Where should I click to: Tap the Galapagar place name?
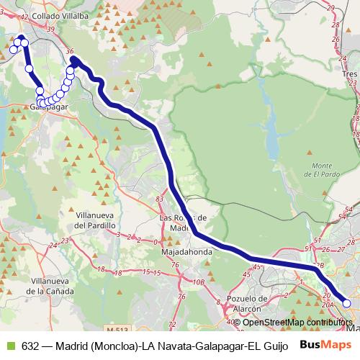49,107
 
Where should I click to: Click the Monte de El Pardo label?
316,170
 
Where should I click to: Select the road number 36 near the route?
69,51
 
